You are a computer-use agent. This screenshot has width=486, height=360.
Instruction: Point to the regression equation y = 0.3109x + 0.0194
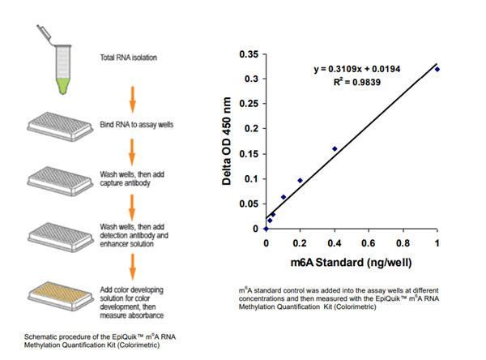356,70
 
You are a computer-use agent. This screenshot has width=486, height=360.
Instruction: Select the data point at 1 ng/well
437,70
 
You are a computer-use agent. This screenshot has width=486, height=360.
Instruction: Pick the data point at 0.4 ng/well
335,148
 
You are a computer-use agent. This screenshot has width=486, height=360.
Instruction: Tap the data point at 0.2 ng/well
301,180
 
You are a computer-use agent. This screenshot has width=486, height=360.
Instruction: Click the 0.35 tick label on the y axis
247,54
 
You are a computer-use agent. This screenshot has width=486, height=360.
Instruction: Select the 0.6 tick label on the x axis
369,244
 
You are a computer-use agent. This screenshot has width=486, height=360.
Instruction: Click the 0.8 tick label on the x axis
403,244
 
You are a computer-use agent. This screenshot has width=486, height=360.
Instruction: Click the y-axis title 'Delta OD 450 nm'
229,142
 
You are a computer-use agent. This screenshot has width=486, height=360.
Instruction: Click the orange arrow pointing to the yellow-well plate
133,264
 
